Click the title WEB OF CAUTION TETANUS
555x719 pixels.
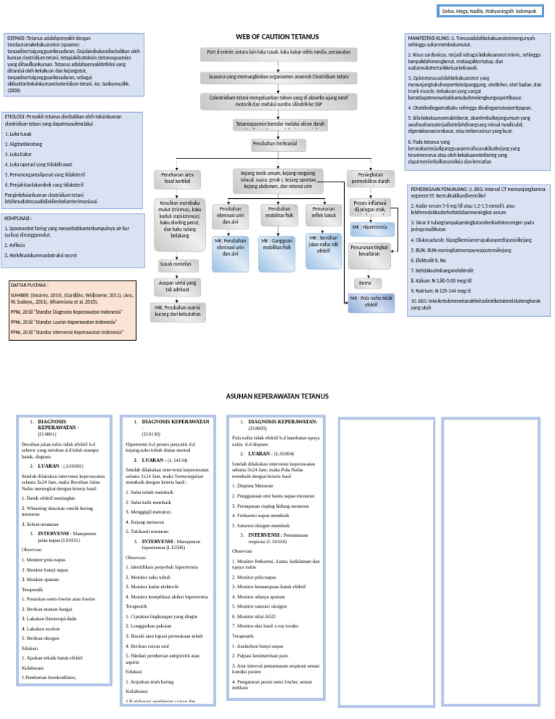(x=277, y=37)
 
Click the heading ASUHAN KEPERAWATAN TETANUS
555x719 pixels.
(x=277, y=396)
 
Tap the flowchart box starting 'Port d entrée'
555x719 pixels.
(x=278, y=54)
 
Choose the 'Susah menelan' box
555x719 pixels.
(x=175, y=264)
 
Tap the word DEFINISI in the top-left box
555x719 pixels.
(x=17, y=38)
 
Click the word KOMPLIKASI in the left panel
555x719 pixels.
(x=20, y=217)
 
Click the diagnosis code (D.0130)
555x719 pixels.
(x=150, y=433)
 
